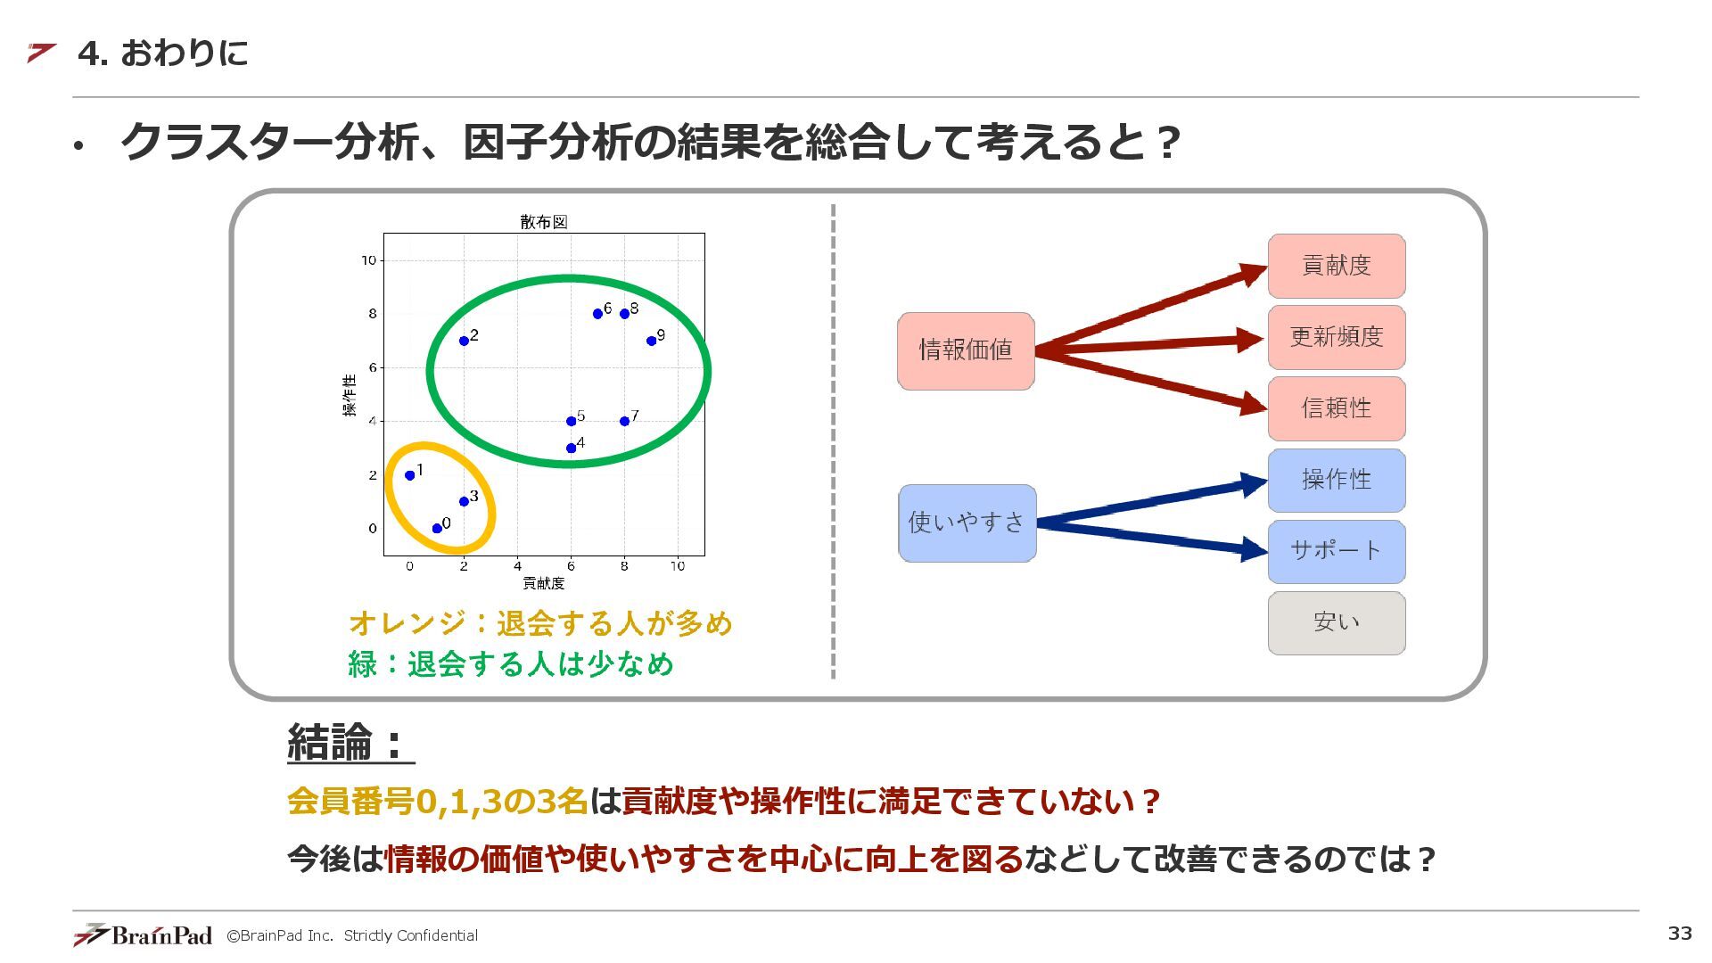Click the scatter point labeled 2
click(464, 341)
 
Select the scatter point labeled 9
click(651, 341)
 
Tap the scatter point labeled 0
click(437, 529)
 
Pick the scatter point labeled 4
click(571, 448)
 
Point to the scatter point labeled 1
click(410, 475)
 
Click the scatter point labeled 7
click(624, 421)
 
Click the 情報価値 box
click(966, 350)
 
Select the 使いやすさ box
click(967, 523)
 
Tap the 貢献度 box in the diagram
click(1336, 266)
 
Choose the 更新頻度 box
click(1336, 337)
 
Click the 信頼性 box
click(1336, 408)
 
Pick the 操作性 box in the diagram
click(1336, 480)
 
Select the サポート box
click(1336, 551)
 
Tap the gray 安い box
click(1336, 622)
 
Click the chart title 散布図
click(544, 222)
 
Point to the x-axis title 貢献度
click(544, 583)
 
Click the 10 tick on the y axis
click(368, 260)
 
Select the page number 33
click(1680, 933)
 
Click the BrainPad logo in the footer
click(143, 934)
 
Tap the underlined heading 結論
click(350, 742)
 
